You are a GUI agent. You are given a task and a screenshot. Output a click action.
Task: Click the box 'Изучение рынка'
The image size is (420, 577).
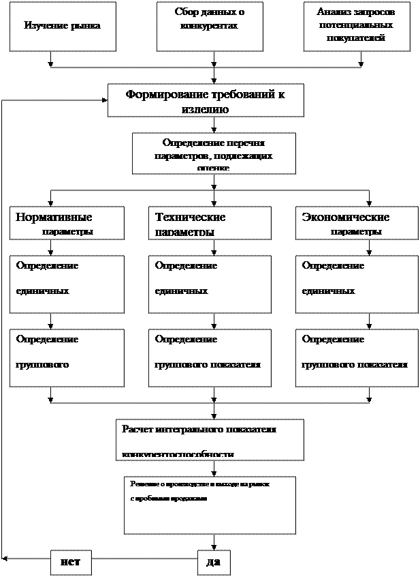(x=63, y=27)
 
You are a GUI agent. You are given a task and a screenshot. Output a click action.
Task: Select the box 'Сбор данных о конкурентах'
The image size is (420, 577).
(x=210, y=27)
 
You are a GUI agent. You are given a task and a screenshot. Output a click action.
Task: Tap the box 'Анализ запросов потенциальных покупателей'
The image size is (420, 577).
(x=357, y=27)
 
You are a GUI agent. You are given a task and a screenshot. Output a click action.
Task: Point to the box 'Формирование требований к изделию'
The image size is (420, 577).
(x=206, y=101)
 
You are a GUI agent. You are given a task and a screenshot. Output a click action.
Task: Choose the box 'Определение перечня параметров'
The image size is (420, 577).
(x=214, y=153)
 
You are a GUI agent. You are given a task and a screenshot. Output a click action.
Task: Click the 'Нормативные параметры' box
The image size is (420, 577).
(x=67, y=223)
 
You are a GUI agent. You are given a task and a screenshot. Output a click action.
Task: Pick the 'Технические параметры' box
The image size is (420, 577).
(x=210, y=223)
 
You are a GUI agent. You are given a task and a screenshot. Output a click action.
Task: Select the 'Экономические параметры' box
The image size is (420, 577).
(x=357, y=223)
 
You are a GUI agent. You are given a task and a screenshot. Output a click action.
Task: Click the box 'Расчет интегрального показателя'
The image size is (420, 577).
(x=210, y=440)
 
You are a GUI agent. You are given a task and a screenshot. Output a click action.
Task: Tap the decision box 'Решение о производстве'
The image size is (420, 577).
(x=210, y=505)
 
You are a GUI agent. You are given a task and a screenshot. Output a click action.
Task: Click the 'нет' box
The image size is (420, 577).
(x=71, y=563)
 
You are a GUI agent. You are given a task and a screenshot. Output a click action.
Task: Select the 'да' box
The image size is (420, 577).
(x=214, y=563)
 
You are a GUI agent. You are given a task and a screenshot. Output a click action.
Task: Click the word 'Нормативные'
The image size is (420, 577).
(x=54, y=218)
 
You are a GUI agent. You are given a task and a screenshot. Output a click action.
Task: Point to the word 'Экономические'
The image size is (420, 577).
(x=346, y=218)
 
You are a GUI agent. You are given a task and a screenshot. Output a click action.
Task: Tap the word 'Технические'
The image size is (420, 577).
(x=191, y=218)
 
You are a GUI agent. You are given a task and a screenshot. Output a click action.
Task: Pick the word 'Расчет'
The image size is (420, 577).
(x=138, y=429)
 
